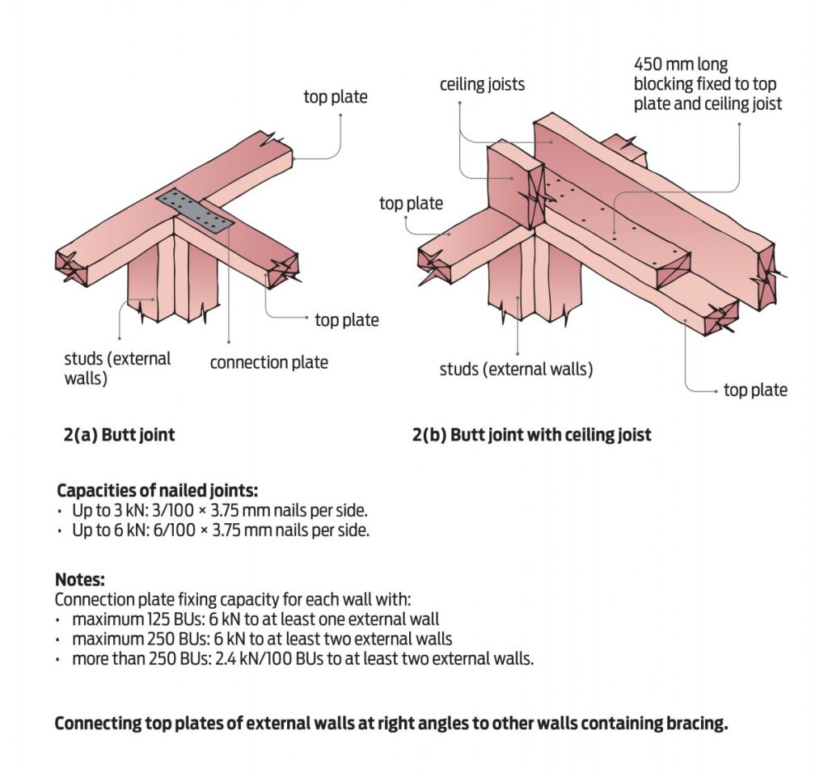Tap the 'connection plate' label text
[268, 362]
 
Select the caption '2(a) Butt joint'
[120, 435]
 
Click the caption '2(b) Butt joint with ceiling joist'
[531, 435]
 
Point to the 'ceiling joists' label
[482, 84]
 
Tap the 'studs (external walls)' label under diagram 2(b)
[516, 370]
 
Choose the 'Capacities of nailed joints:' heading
[158, 491]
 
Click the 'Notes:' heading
[79, 580]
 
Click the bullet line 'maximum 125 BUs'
[256, 620]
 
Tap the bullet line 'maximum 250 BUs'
[262, 639]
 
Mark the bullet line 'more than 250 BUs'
[302, 658]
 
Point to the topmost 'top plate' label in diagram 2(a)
[336, 98]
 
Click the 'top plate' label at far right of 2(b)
[755, 391]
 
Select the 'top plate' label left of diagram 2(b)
[411, 203]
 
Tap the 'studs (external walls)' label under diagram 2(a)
[117, 368]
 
